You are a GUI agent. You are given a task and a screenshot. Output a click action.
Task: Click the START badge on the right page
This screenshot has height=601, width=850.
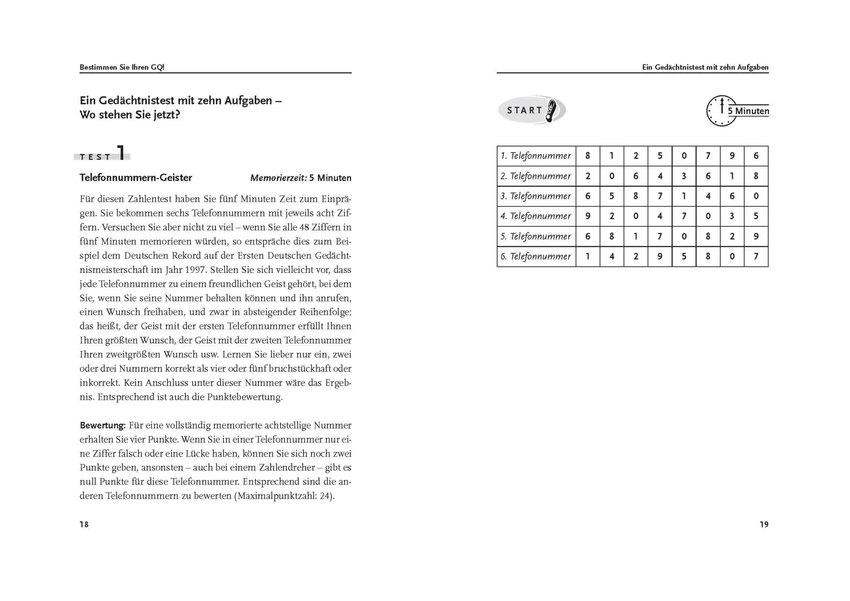(531, 110)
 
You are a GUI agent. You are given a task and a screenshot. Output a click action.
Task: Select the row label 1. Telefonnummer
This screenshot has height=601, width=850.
(536, 156)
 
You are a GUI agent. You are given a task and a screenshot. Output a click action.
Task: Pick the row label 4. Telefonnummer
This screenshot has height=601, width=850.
(536, 216)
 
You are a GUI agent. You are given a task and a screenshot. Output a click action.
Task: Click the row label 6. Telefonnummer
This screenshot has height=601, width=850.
(536, 257)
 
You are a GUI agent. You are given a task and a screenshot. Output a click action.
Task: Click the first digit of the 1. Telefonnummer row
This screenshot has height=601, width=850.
(588, 156)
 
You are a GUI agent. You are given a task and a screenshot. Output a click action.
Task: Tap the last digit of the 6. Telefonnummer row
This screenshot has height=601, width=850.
(756, 257)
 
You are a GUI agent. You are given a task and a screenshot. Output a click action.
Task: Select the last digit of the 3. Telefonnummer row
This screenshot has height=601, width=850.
(756, 196)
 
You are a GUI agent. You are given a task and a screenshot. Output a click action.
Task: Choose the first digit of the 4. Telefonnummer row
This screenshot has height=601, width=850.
(588, 216)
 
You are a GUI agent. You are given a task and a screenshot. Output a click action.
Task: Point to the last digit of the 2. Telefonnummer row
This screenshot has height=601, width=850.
(756, 176)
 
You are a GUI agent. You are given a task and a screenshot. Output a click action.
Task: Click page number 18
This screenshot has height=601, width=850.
(84, 524)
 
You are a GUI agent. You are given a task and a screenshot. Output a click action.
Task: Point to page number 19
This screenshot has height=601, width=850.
(764, 524)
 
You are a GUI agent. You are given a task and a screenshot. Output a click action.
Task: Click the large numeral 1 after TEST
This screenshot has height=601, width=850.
(122, 153)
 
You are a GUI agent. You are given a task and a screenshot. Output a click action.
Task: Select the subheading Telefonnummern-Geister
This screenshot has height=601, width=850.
(136, 178)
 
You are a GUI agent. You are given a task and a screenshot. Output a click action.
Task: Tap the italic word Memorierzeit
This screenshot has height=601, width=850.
(278, 178)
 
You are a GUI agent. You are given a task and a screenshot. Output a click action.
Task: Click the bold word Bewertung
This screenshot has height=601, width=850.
(102, 425)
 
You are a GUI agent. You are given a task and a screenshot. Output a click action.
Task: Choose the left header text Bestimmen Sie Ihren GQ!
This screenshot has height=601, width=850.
(122, 67)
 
